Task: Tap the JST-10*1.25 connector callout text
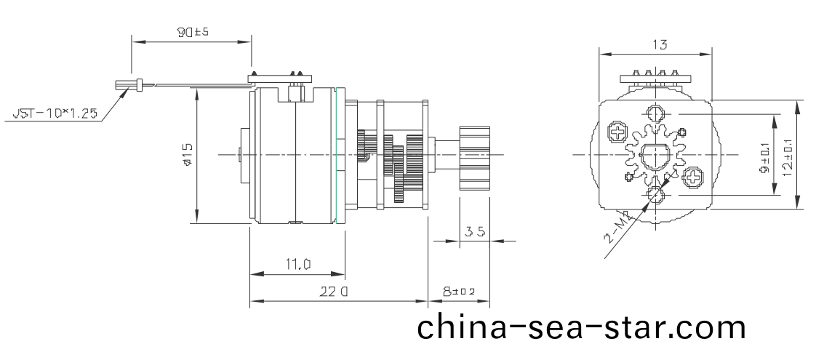point(55,113)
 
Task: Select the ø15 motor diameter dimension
point(188,154)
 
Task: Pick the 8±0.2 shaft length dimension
point(458,292)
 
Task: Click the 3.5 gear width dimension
point(475,232)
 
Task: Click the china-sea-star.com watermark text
point(582,327)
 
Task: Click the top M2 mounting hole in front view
point(656,114)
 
